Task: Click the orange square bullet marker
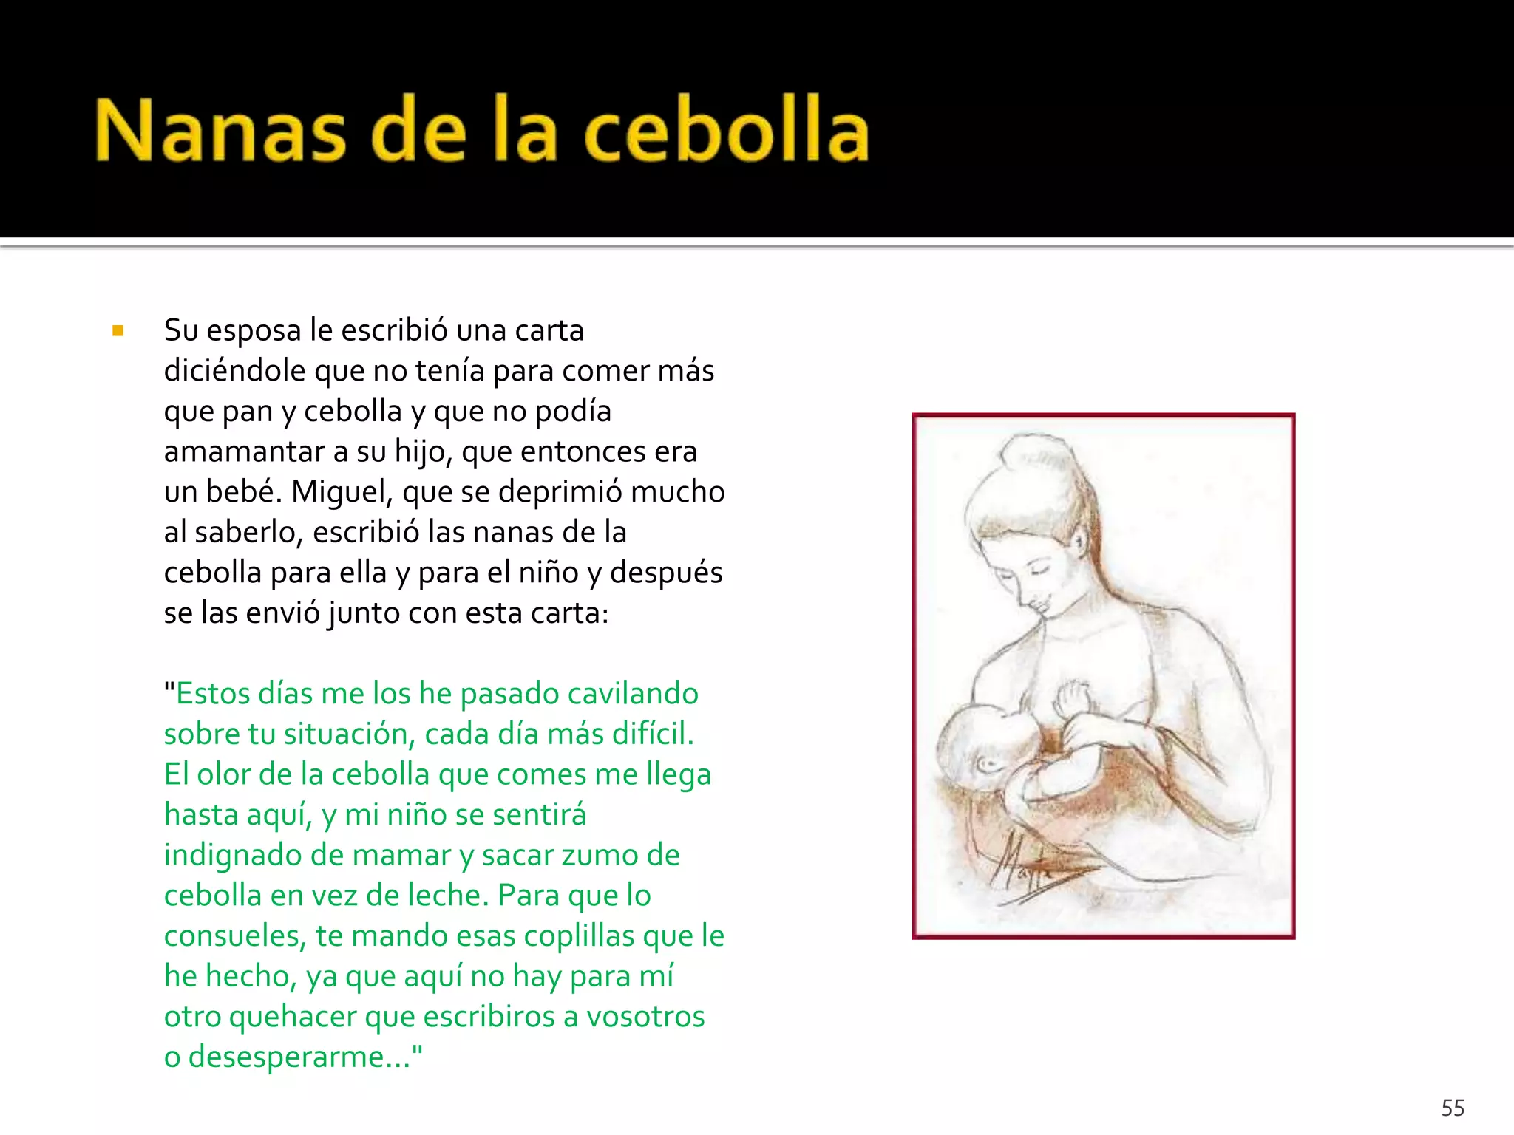click(118, 331)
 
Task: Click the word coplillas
click(579, 936)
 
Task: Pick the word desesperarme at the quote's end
click(291, 1057)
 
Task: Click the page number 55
click(1453, 1108)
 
